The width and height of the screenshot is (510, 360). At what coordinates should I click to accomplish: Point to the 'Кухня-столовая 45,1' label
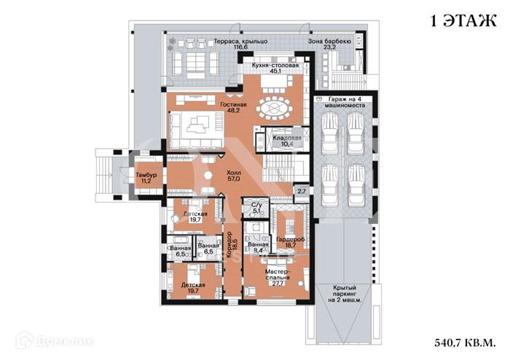coord(275,69)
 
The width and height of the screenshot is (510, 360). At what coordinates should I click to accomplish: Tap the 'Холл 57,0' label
coord(234,174)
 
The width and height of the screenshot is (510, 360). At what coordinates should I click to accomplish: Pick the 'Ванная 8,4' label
coord(258,248)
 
